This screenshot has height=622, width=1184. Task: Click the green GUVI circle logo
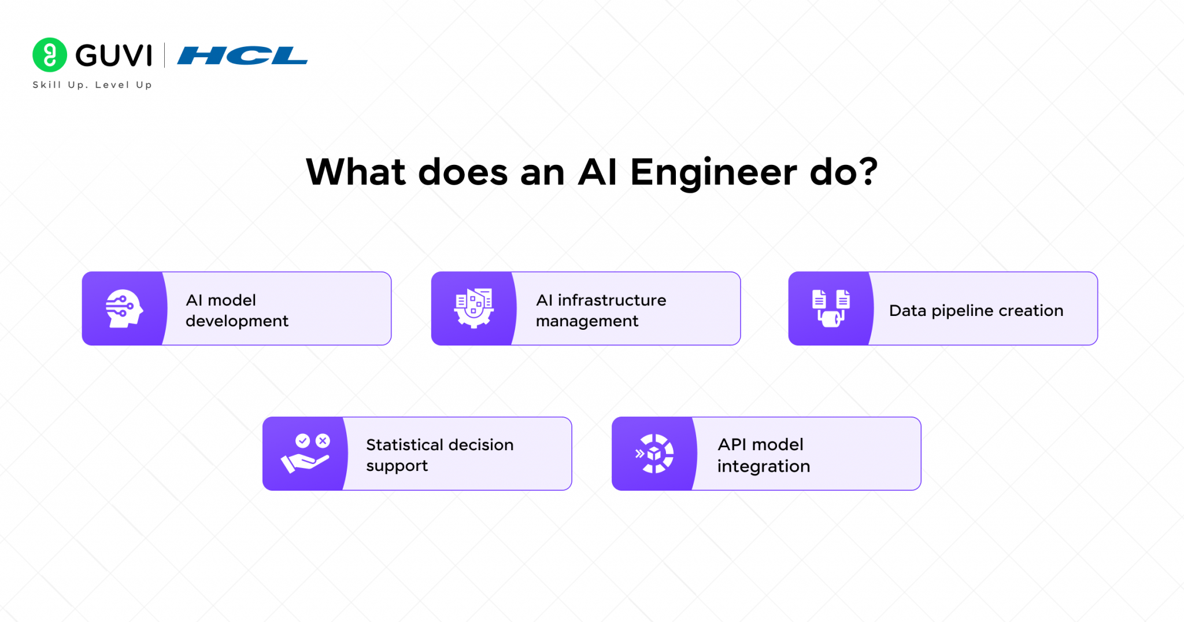pyautogui.click(x=50, y=55)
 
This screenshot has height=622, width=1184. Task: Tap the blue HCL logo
pyautogui.click(x=242, y=56)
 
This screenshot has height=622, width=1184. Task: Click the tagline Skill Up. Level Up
pyautogui.click(x=92, y=84)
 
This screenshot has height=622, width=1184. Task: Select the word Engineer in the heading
pyautogui.click(x=713, y=172)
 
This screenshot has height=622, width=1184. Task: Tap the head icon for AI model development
pyautogui.click(x=123, y=308)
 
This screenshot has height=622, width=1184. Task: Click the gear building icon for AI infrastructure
pyautogui.click(x=473, y=308)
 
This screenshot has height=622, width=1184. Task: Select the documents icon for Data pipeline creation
pyautogui.click(x=831, y=308)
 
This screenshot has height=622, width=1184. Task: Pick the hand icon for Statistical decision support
pyautogui.click(x=305, y=454)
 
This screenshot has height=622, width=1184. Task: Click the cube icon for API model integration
pyautogui.click(x=654, y=454)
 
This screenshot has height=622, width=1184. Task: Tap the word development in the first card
pyautogui.click(x=237, y=321)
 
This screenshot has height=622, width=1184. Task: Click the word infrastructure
pyautogui.click(x=612, y=300)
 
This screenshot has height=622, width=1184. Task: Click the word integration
pyautogui.click(x=763, y=466)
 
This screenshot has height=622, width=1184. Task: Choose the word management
pyautogui.click(x=587, y=321)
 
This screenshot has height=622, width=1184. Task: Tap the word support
pyautogui.click(x=397, y=466)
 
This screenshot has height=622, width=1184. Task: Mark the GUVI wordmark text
pyautogui.click(x=114, y=56)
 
